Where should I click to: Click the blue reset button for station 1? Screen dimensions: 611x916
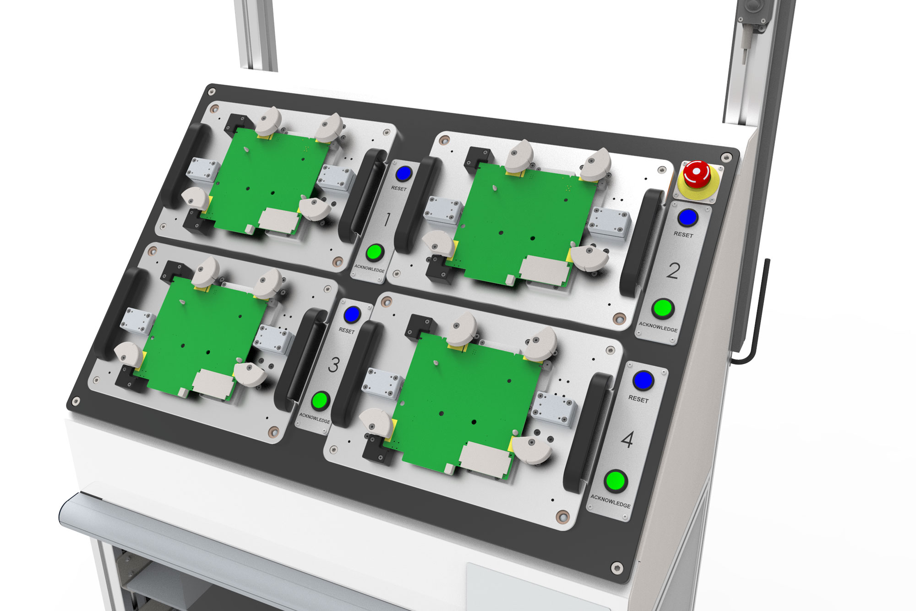pos(403,174)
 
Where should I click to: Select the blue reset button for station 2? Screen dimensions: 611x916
pos(687,218)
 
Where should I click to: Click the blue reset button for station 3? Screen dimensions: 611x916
pos(352,315)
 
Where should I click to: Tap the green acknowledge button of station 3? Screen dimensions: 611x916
pos(320,401)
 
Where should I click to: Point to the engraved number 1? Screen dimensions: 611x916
pos(387,220)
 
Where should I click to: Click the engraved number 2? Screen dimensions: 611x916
pos(673,271)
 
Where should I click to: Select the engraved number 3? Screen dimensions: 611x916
pos(334,365)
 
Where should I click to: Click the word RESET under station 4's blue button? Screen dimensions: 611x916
pos(638,399)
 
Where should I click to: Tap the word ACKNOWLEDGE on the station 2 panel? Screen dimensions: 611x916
pos(658,327)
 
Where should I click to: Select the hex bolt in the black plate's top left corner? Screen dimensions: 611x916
pos(212,92)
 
